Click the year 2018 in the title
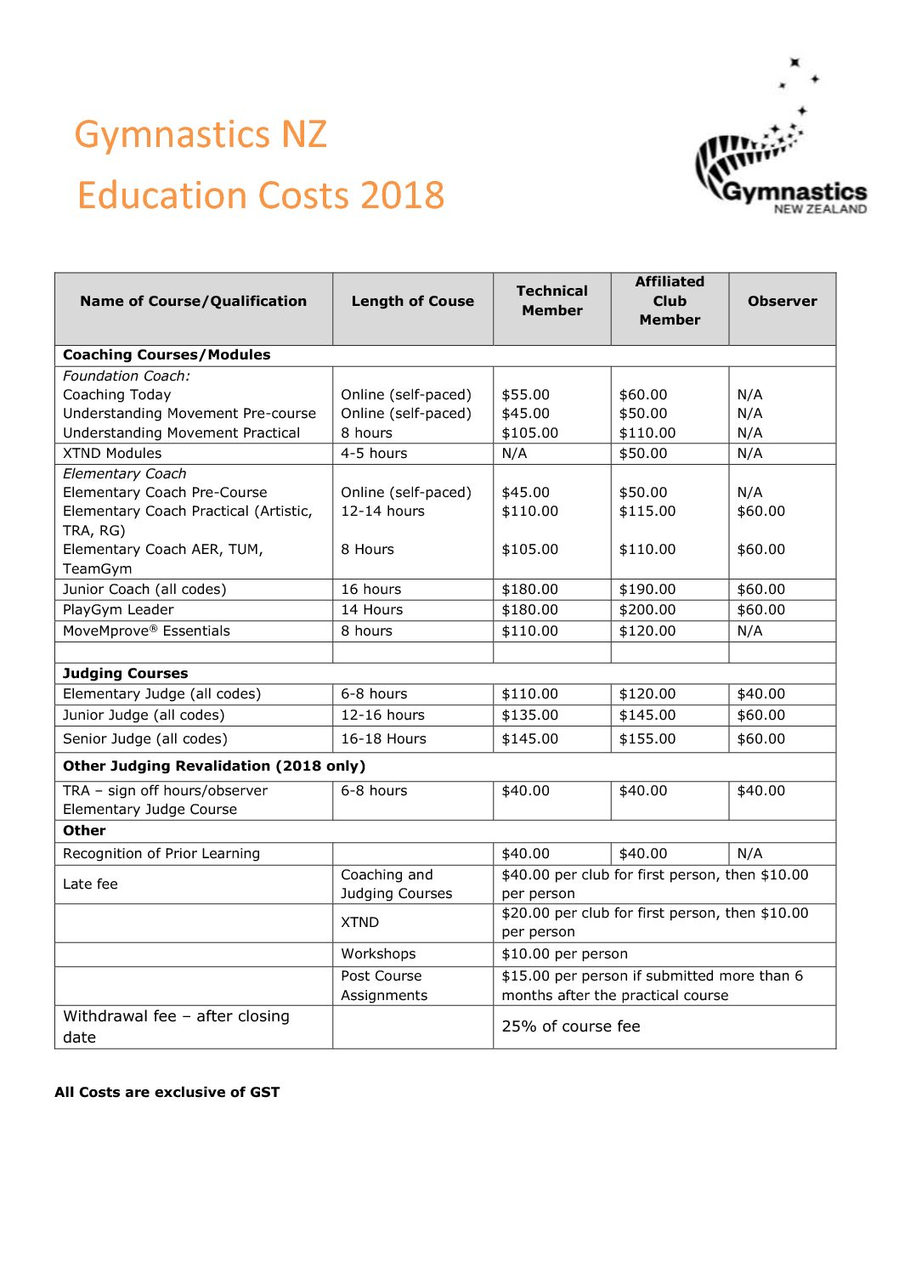point(402,195)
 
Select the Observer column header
point(782,302)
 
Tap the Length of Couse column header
point(412,302)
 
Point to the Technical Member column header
point(551,301)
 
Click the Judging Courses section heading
point(125,673)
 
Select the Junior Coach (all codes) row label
point(144,589)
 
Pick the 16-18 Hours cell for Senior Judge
point(383,739)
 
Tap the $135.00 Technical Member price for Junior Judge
point(529,715)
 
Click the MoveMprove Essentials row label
point(146,631)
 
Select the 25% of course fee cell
point(570,1026)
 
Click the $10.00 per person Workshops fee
point(564,954)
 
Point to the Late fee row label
point(90,885)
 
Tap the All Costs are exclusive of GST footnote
point(167,1093)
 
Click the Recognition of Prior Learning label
point(161,854)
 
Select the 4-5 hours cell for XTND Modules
point(374,454)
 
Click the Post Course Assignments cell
point(383,986)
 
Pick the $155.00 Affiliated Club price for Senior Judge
point(647,739)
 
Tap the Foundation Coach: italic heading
point(127,376)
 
